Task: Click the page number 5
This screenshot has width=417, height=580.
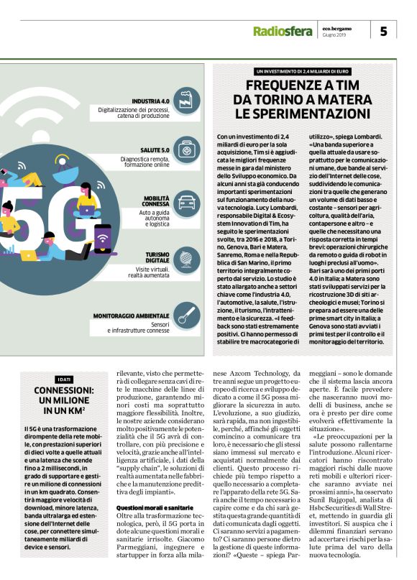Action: pyautogui.click(x=383, y=31)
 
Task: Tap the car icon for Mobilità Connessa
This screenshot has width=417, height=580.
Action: pyautogui.click(x=188, y=202)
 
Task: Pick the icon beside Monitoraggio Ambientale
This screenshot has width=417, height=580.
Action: pyautogui.click(x=188, y=314)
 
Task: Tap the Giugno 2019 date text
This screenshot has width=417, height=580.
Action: pyautogui.click(x=335, y=34)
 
